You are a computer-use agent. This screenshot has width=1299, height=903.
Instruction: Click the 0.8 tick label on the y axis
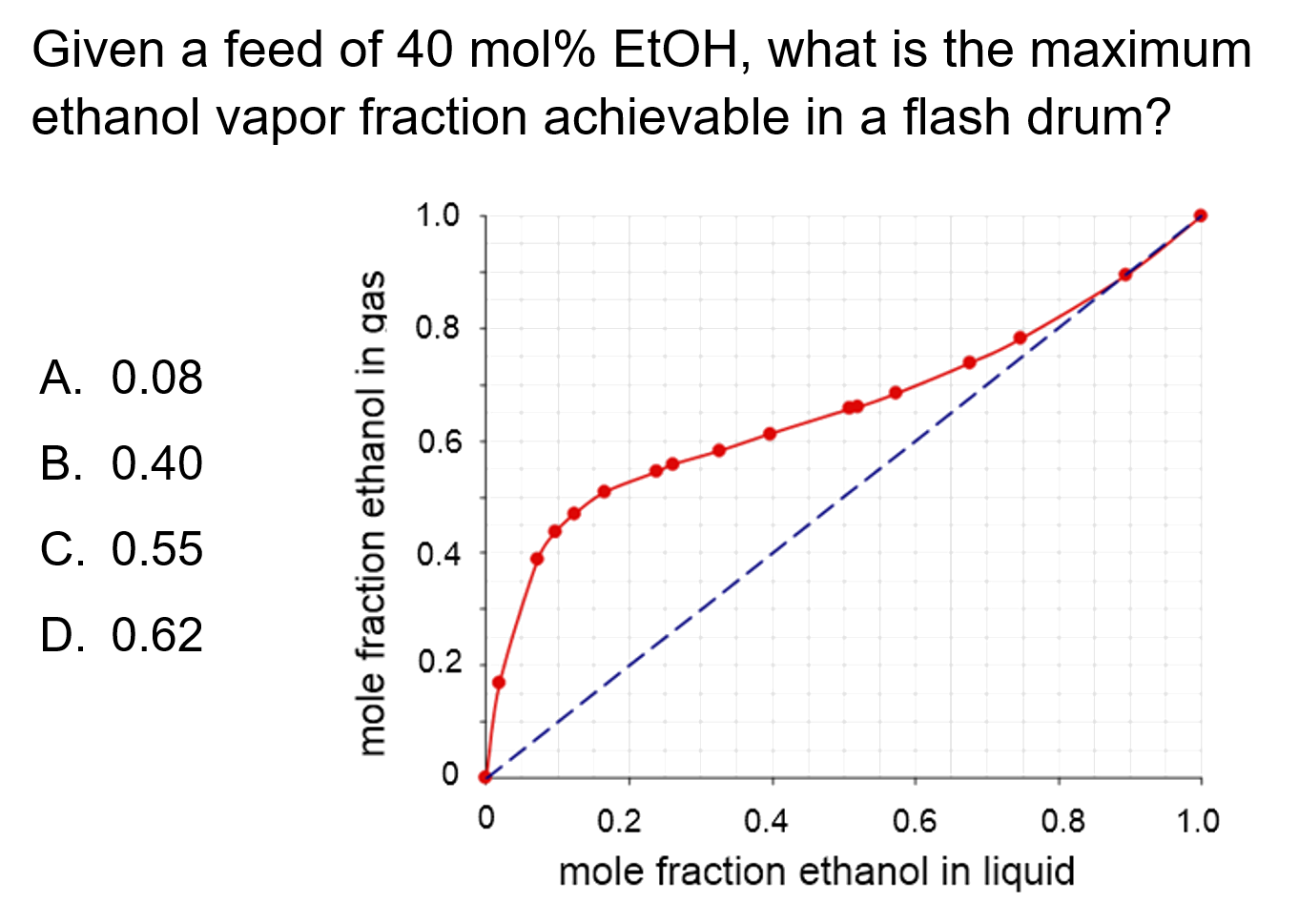(x=438, y=329)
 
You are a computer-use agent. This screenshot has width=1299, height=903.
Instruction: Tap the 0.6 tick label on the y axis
(x=438, y=441)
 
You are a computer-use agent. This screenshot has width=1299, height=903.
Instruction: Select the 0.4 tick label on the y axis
(x=438, y=553)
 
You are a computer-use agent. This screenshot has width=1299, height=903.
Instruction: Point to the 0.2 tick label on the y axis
(x=438, y=664)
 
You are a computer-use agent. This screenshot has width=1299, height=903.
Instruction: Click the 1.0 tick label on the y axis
(x=438, y=216)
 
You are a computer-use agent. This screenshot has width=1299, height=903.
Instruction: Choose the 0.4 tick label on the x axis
(x=766, y=820)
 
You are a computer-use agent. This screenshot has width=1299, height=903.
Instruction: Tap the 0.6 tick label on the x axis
(x=914, y=820)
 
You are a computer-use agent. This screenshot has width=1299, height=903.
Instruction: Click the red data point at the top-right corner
(x=1201, y=215)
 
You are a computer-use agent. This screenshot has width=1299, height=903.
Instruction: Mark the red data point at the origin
(x=485, y=776)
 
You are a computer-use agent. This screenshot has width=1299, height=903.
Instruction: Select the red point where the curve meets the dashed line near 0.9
(x=1125, y=275)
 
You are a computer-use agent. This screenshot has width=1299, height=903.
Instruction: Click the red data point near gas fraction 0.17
(x=499, y=683)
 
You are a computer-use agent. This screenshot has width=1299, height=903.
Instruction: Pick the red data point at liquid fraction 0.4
(x=770, y=434)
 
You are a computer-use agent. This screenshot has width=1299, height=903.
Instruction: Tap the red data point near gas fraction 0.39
(x=537, y=559)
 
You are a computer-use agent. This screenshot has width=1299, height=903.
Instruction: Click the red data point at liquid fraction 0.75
(x=1020, y=338)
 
